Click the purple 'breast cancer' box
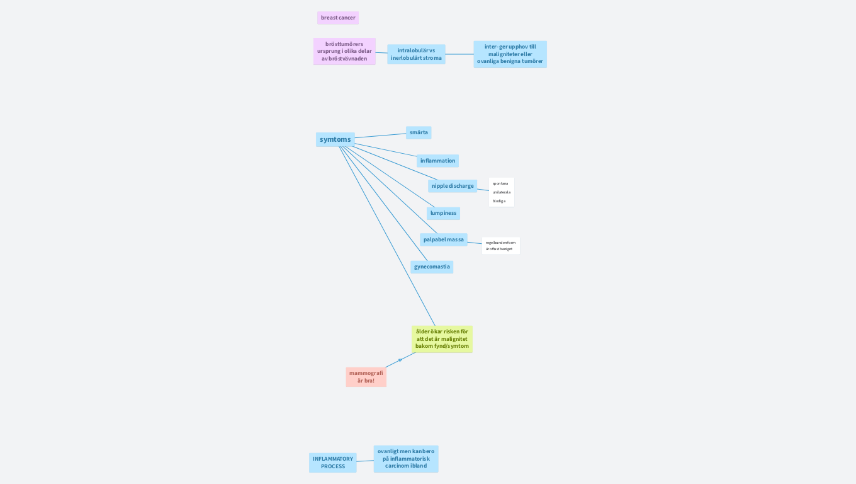[338, 18]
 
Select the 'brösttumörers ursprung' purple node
[344, 51]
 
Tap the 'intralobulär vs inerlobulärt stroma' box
[416, 54]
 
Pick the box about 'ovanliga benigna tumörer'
[510, 54]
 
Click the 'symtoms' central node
[335, 139]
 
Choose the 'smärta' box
[419, 132]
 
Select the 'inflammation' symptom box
[437, 161]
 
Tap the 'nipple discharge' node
[453, 186]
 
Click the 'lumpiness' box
[443, 213]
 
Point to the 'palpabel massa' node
[443, 239]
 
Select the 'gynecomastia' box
[432, 267]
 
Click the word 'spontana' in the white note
[500, 183]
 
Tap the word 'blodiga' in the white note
[499, 201]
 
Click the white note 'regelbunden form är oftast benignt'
[500, 246]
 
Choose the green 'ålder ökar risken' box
[442, 339]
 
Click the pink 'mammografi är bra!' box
[366, 377]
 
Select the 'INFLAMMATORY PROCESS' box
[333, 463]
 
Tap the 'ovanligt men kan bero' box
[406, 459]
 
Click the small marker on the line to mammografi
[400, 360]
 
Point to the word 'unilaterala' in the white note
[502, 192]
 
